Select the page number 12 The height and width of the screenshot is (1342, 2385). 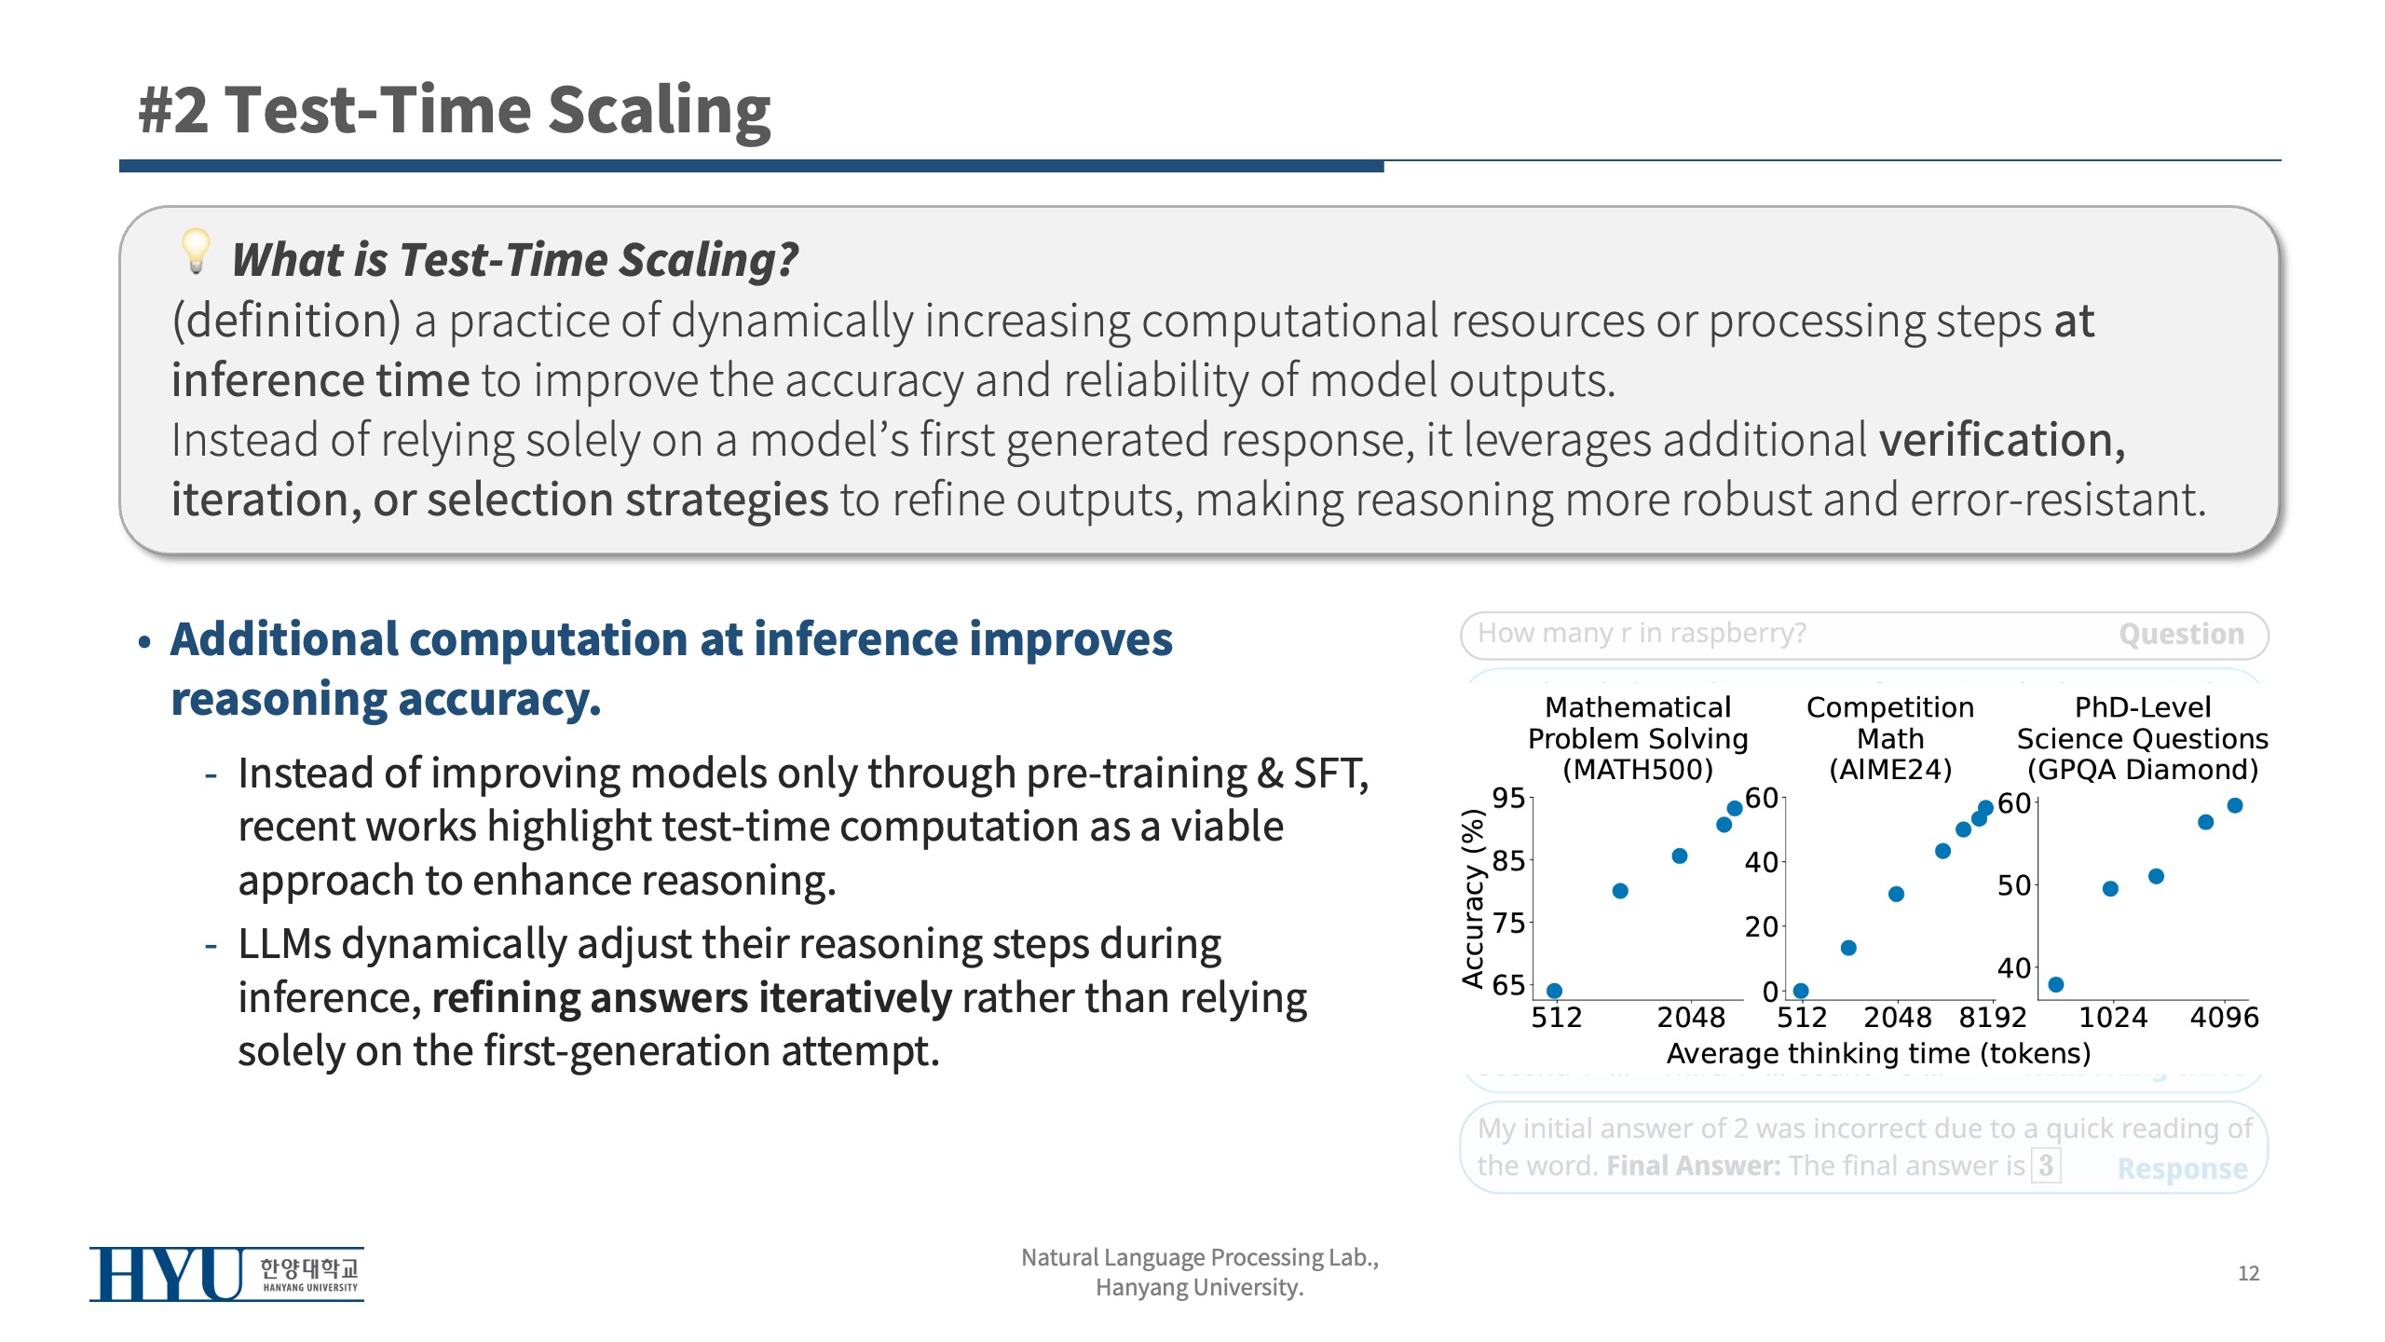[x=2248, y=1273]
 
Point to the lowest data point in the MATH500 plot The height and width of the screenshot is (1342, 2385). [x=1554, y=991]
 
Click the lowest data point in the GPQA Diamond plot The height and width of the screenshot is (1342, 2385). [x=2056, y=984]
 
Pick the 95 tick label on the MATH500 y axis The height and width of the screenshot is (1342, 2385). [x=1508, y=798]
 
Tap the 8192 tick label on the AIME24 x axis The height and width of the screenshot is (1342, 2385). [x=1993, y=1017]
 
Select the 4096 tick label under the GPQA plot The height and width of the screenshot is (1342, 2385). [x=2224, y=1017]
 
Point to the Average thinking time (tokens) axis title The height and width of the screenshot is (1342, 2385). [x=1878, y=1053]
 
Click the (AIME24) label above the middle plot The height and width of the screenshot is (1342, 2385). [x=1890, y=770]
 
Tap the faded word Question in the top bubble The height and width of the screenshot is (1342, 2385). [x=2181, y=635]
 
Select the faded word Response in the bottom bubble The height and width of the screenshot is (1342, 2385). [x=2182, y=1168]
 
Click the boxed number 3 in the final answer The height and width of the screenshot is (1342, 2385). [x=2046, y=1165]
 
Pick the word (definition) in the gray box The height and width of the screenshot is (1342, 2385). [x=287, y=322]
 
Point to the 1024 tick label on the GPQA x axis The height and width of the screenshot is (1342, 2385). [x=2113, y=1017]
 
